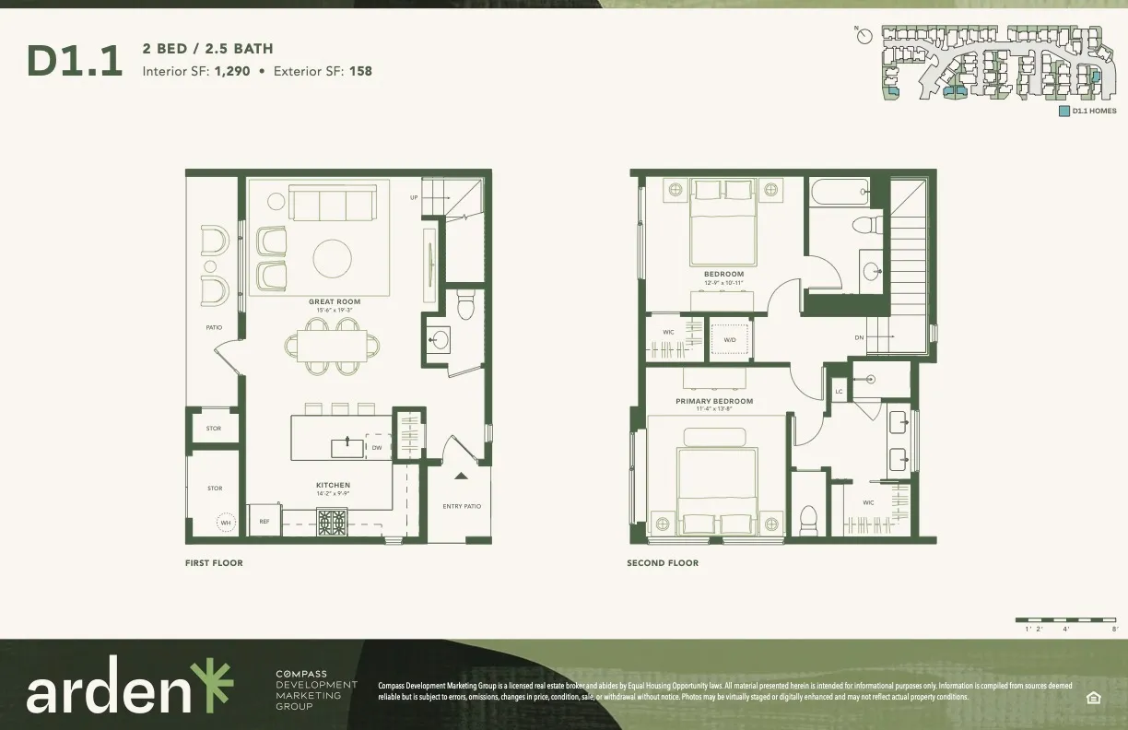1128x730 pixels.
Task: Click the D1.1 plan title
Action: [75, 61]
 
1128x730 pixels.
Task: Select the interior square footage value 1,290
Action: [231, 70]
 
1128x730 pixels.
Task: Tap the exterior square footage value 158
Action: [360, 70]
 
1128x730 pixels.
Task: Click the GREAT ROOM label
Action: [335, 302]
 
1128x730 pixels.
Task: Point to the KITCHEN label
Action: [333, 485]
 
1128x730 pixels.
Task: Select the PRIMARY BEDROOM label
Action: [714, 401]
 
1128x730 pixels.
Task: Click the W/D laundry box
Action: [730, 339]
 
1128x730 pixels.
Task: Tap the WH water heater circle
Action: [225, 523]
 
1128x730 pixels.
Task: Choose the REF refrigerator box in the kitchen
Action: [264, 522]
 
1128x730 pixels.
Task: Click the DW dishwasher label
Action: [377, 448]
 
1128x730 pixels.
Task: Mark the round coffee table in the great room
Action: [333, 258]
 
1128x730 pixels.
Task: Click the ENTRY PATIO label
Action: [462, 506]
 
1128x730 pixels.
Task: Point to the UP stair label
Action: [414, 198]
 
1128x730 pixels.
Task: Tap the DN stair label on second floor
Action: [859, 337]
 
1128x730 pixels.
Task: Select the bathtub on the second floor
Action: [840, 193]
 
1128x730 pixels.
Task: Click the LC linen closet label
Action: [839, 392]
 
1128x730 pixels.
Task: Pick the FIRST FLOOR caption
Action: [214, 562]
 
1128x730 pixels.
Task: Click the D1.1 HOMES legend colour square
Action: [1064, 111]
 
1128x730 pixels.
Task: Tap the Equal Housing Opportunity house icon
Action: [1095, 697]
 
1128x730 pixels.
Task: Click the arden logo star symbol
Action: [213, 685]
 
